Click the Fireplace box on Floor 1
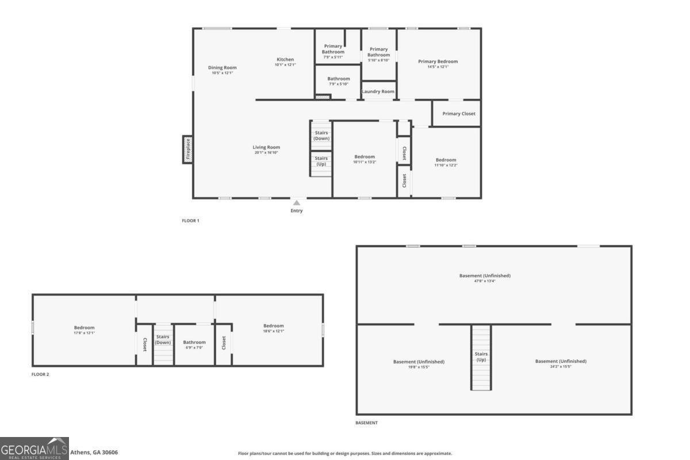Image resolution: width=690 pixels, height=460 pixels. (187, 149)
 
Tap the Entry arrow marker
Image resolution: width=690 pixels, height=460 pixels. (297, 203)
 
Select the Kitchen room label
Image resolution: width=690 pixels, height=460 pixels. (285, 60)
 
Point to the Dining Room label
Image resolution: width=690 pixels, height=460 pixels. (223, 68)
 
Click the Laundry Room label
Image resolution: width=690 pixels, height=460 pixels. (378, 91)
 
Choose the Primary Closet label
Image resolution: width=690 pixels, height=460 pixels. (459, 114)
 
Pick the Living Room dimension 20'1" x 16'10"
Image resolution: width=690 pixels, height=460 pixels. (266, 152)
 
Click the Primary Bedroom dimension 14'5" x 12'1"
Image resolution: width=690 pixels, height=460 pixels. (438, 67)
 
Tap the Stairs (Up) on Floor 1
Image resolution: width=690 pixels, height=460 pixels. (321, 161)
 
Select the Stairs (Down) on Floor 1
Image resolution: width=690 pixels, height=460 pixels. (321, 136)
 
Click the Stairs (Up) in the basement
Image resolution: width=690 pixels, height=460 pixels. (481, 357)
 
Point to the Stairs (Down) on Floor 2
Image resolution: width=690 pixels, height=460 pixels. (163, 340)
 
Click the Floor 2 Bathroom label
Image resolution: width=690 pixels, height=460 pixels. (194, 342)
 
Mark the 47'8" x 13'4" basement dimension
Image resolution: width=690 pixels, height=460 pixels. (485, 281)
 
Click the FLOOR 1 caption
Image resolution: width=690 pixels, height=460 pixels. (190, 221)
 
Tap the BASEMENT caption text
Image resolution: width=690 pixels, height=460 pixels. (366, 423)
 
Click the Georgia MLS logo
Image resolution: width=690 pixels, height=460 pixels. (34, 448)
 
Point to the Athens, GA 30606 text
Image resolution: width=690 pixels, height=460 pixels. (94, 453)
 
